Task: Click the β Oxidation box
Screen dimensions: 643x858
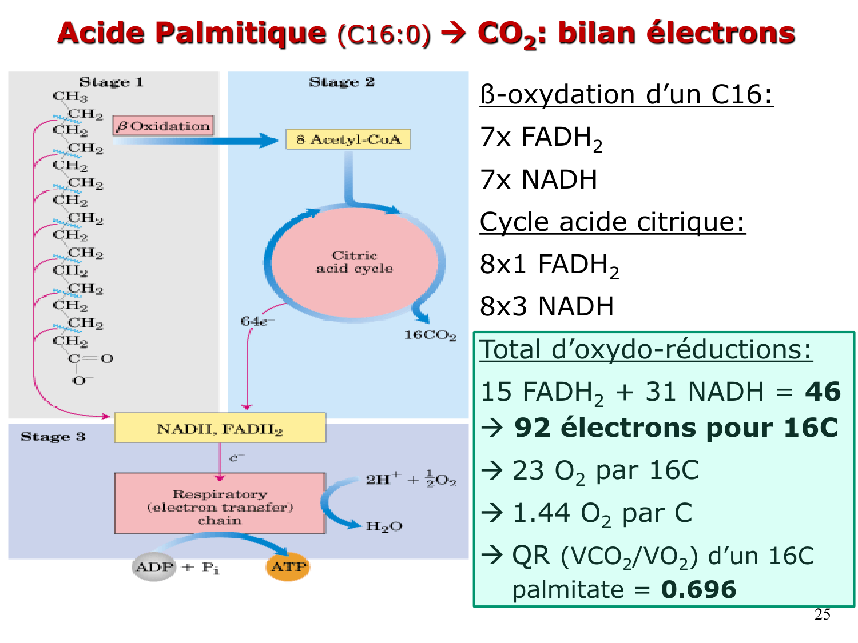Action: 164,126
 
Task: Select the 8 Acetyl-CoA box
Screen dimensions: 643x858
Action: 348,139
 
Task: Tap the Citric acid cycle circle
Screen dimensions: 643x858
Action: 355,262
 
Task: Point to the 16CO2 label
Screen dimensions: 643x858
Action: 430,335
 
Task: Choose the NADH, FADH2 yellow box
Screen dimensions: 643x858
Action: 220,428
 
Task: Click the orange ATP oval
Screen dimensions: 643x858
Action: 288,567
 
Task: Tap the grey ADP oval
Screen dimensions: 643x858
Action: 154,567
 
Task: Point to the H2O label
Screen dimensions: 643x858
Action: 384,526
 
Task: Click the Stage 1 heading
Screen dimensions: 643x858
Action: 111,82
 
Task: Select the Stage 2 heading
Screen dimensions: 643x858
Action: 341,82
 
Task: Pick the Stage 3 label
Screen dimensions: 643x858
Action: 53,437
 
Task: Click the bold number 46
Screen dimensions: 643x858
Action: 823,392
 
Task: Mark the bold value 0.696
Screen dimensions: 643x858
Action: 698,590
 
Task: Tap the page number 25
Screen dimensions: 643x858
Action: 822,614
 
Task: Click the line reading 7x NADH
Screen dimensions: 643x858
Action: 538,179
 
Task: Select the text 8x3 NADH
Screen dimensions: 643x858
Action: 546,306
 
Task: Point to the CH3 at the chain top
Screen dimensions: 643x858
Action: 70,97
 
